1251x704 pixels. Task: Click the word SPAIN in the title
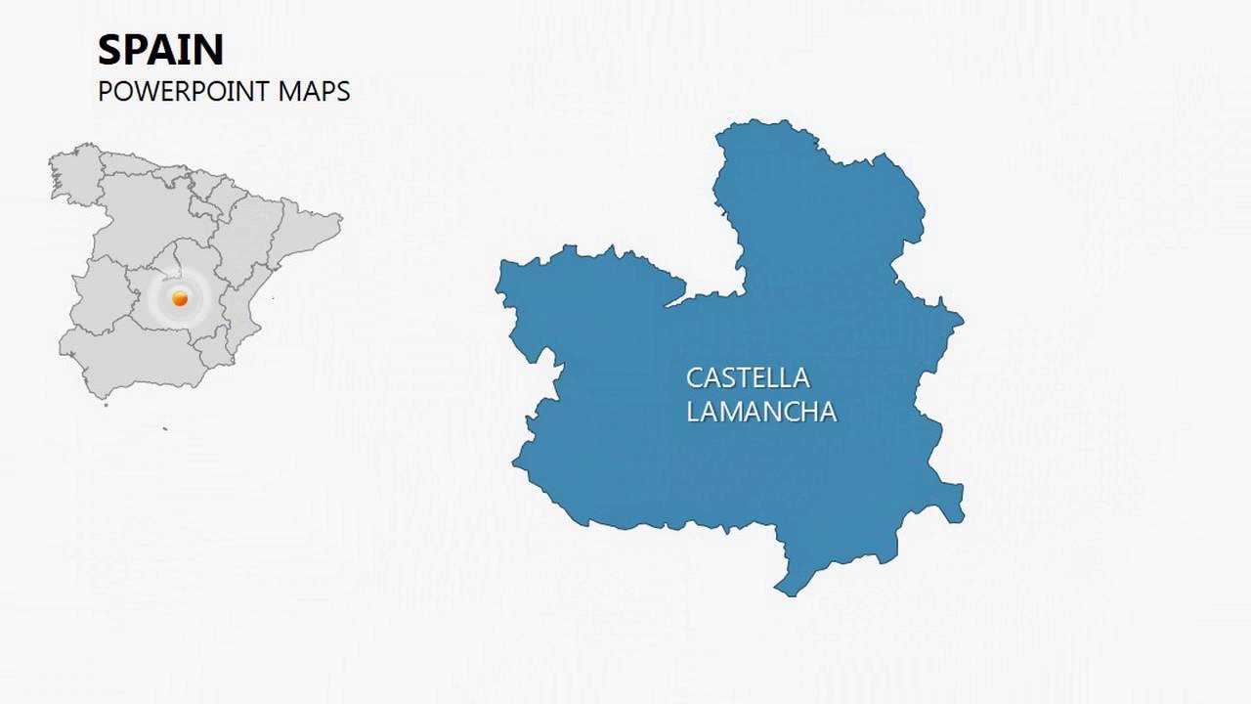[x=160, y=49]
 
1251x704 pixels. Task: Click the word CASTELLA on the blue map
[x=748, y=377]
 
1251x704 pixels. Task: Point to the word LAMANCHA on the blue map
[x=761, y=412]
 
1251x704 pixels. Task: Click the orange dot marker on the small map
[x=180, y=298]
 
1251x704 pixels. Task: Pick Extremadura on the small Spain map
[x=99, y=292]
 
